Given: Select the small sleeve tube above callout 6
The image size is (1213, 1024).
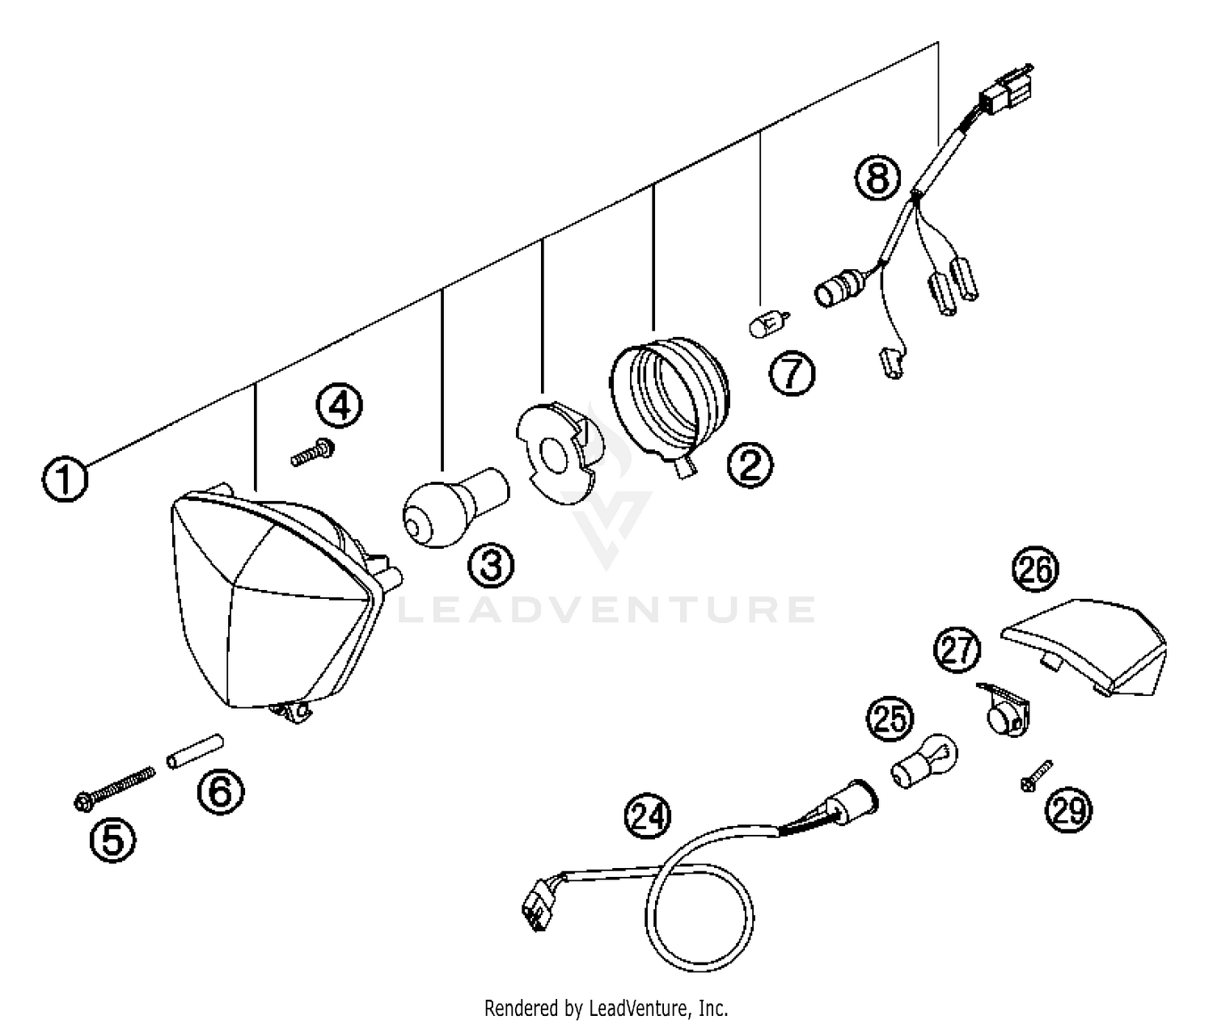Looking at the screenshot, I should click(195, 751).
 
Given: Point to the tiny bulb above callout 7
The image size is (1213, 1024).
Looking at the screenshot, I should click(767, 327).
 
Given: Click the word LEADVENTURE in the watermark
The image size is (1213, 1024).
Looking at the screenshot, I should click(606, 609).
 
